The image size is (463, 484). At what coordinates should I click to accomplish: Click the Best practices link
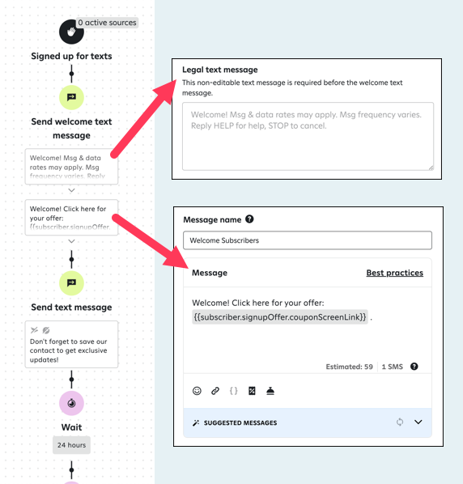pos(394,273)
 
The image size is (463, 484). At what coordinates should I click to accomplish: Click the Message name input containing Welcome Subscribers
pos(307,240)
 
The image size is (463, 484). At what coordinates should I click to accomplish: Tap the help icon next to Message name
pos(249,219)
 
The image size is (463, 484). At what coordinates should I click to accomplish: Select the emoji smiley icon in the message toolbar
pos(197,391)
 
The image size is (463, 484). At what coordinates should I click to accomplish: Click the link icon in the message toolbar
pos(215,391)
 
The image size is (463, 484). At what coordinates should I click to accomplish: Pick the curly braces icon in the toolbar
pos(234,391)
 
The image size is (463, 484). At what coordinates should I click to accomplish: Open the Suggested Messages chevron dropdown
pos(418,422)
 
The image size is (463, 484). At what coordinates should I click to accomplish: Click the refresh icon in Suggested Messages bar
pos(399,422)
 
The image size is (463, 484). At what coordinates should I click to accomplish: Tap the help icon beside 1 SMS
pos(414,367)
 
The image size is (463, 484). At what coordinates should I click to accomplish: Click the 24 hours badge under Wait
pos(72,445)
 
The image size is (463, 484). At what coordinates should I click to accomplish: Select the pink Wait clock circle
pos(71,403)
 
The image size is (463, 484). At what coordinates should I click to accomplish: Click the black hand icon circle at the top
pos(71,32)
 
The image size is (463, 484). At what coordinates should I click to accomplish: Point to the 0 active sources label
pos(107,23)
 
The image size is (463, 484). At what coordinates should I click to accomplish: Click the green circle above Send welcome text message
pos(71,97)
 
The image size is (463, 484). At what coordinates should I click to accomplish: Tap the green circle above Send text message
pos(71,282)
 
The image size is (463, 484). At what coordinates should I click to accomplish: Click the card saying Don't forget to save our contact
pos(71,343)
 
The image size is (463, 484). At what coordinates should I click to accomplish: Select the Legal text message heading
pos(219,70)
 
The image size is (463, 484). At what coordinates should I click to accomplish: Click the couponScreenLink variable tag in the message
pos(280,317)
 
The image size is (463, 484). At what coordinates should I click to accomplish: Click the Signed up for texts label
pos(71,56)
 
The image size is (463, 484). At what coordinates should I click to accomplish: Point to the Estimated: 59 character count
pos(349,367)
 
